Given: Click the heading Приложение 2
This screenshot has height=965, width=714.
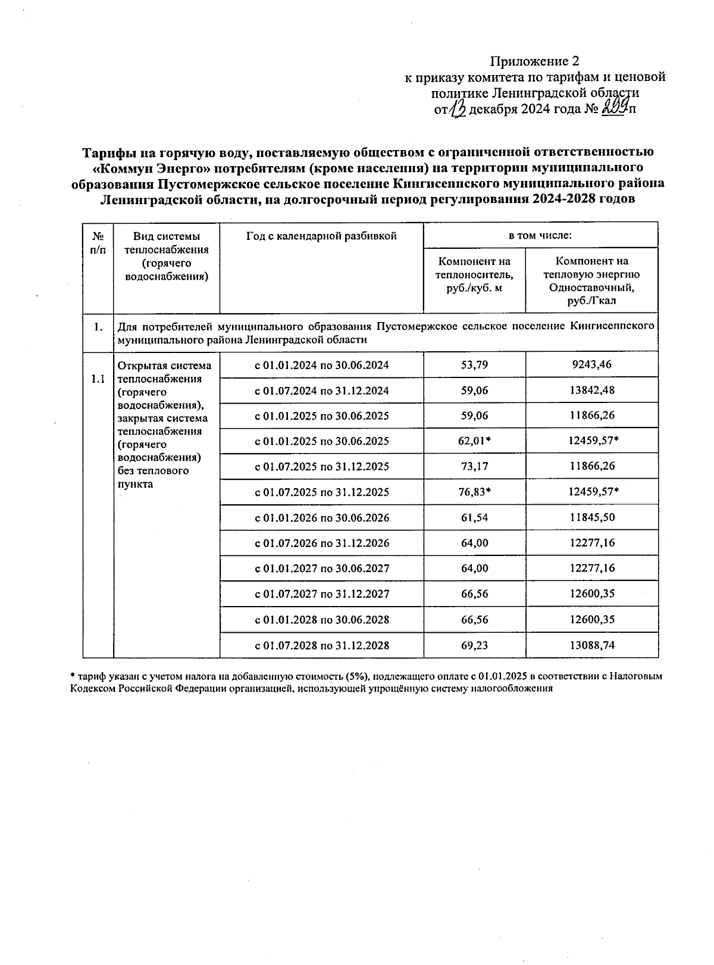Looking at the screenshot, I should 534,61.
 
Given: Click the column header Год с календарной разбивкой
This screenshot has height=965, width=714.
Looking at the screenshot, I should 321,236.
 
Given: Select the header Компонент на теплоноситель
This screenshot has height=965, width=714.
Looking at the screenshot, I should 474,274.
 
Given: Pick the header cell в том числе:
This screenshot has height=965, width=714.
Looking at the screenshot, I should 540,236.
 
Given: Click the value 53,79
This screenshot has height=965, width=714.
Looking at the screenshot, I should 474,365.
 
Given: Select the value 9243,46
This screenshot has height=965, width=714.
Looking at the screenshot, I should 591,364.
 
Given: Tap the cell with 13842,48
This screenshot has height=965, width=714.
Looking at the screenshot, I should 591,390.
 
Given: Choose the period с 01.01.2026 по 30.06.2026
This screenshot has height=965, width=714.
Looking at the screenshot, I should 322,518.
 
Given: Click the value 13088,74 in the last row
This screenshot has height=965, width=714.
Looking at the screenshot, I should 591,645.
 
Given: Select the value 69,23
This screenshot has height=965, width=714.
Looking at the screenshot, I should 474,645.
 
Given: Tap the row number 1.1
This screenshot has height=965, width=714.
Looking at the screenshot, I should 98,379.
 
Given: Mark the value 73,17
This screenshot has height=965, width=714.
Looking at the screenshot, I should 474,466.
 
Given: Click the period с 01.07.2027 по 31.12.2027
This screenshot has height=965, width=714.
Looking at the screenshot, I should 322,594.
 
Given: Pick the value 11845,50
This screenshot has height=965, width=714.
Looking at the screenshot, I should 591,517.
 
